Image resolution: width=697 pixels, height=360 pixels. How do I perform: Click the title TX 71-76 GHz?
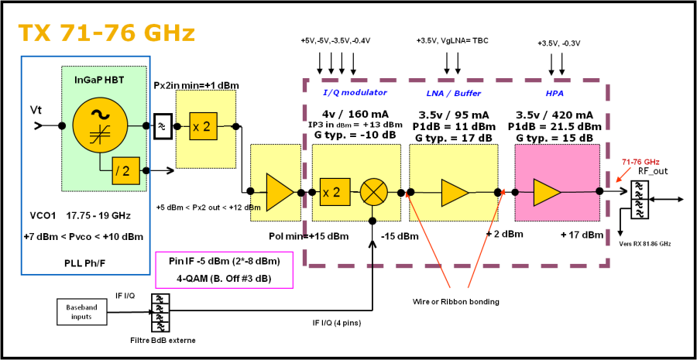click(x=106, y=33)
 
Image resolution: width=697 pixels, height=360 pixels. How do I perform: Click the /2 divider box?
click(x=122, y=171)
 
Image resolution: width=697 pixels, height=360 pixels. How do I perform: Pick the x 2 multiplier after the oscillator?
click(x=203, y=126)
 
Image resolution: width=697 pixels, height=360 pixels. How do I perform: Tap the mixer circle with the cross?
click(x=374, y=192)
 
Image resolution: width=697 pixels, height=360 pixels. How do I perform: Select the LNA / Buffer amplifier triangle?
click(x=455, y=193)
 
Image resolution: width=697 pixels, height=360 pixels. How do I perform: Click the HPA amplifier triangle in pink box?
click(x=547, y=192)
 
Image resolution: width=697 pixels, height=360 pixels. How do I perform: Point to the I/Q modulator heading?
click(x=355, y=93)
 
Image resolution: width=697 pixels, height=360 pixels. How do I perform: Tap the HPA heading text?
click(x=555, y=93)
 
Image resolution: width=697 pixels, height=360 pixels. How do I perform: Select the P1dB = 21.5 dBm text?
click(x=555, y=126)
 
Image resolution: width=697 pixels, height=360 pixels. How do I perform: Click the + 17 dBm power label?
click(x=582, y=235)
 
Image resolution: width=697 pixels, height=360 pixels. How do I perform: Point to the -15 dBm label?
click(x=400, y=236)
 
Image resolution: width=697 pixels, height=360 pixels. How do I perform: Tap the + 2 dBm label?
click(x=505, y=234)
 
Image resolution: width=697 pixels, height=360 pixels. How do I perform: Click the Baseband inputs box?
click(x=81, y=312)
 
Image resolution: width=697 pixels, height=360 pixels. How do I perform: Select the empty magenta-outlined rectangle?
click(x=225, y=269)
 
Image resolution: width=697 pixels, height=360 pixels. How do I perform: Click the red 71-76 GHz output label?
click(x=640, y=162)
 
